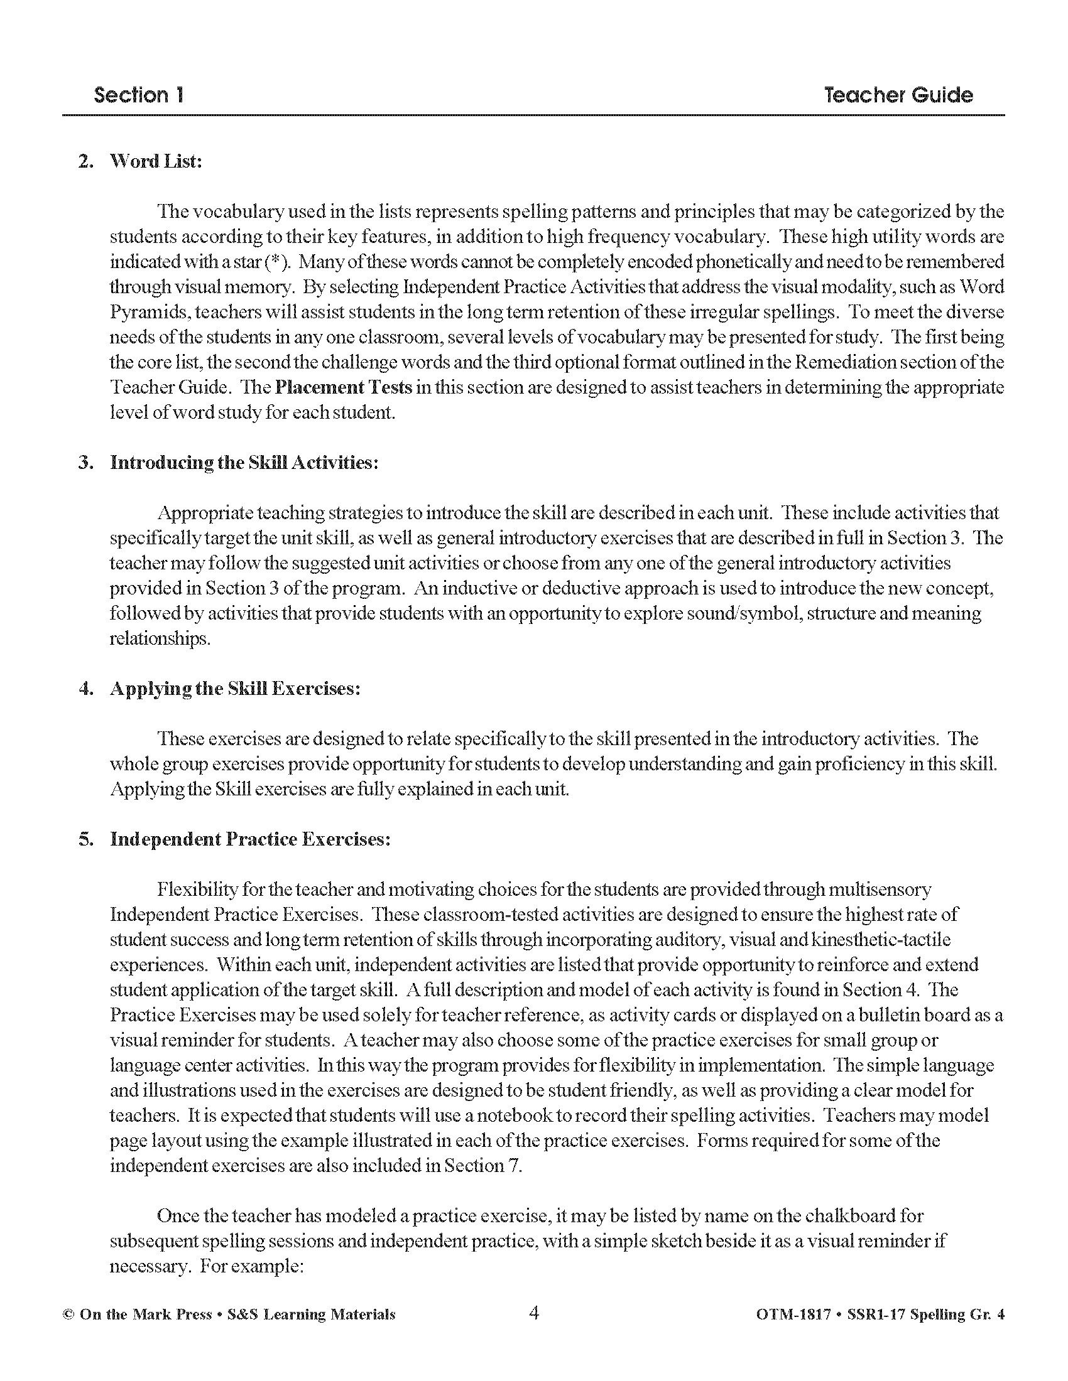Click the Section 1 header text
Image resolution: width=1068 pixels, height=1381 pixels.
coord(139,95)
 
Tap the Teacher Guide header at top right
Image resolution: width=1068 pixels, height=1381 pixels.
coord(898,95)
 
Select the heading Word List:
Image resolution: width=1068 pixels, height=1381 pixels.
coord(156,161)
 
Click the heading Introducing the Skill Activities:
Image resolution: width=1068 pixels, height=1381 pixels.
coord(244,463)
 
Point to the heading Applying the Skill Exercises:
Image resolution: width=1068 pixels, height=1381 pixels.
coord(236,689)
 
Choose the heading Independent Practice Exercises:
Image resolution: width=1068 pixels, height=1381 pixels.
coord(251,839)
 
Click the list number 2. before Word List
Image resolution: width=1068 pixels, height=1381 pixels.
coord(85,161)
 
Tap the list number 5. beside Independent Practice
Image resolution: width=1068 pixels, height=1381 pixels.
coord(85,839)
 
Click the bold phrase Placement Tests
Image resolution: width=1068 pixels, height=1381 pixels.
coord(344,387)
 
